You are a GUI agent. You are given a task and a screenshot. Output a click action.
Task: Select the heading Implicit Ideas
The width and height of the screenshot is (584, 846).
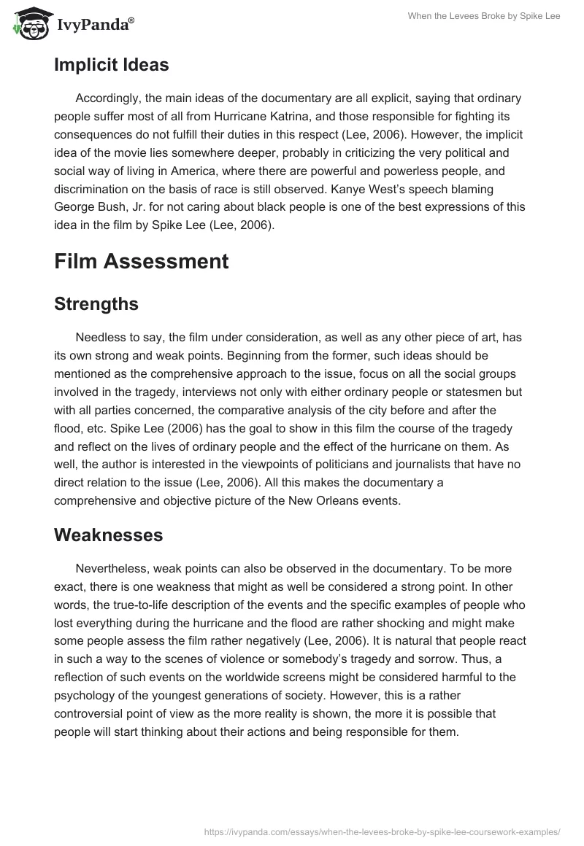point(111,65)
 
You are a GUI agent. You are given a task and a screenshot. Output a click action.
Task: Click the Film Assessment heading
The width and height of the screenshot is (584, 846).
point(141,260)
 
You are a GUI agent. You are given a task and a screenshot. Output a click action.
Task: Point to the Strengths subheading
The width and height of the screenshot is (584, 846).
point(96,304)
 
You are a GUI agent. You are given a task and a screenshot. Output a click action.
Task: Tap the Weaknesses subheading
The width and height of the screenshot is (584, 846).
point(108,535)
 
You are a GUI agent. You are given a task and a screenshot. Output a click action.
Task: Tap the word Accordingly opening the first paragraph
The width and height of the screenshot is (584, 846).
point(110,98)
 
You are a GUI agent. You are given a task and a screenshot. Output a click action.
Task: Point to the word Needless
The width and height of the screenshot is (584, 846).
point(100,338)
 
